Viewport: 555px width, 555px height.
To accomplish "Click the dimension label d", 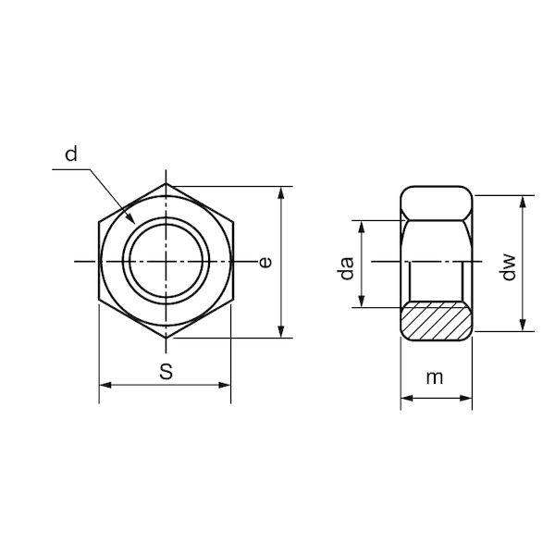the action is [x=71, y=154].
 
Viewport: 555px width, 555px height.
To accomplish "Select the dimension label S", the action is [x=166, y=372].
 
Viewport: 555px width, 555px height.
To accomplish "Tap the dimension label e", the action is [x=265, y=262].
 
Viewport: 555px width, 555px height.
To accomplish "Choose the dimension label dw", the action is [x=509, y=267].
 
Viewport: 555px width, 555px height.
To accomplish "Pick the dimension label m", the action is [x=435, y=378].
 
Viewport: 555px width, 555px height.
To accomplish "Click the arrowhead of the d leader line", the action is [x=131, y=218].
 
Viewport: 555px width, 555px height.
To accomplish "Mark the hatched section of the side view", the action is [x=436, y=321].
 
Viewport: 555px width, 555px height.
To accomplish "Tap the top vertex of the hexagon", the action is [x=166, y=184].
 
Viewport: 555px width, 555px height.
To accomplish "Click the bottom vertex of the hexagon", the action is [x=166, y=339].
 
